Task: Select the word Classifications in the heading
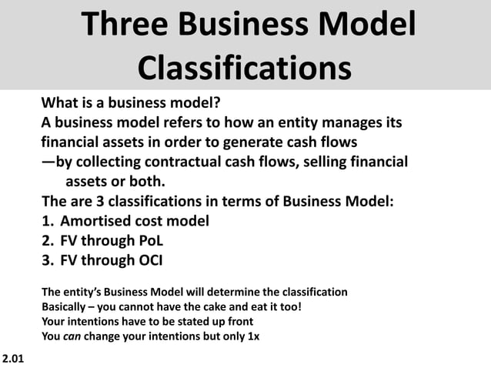[x=245, y=69]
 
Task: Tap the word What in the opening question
[x=62, y=103]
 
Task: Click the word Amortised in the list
[x=100, y=222]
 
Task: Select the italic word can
[x=72, y=336]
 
